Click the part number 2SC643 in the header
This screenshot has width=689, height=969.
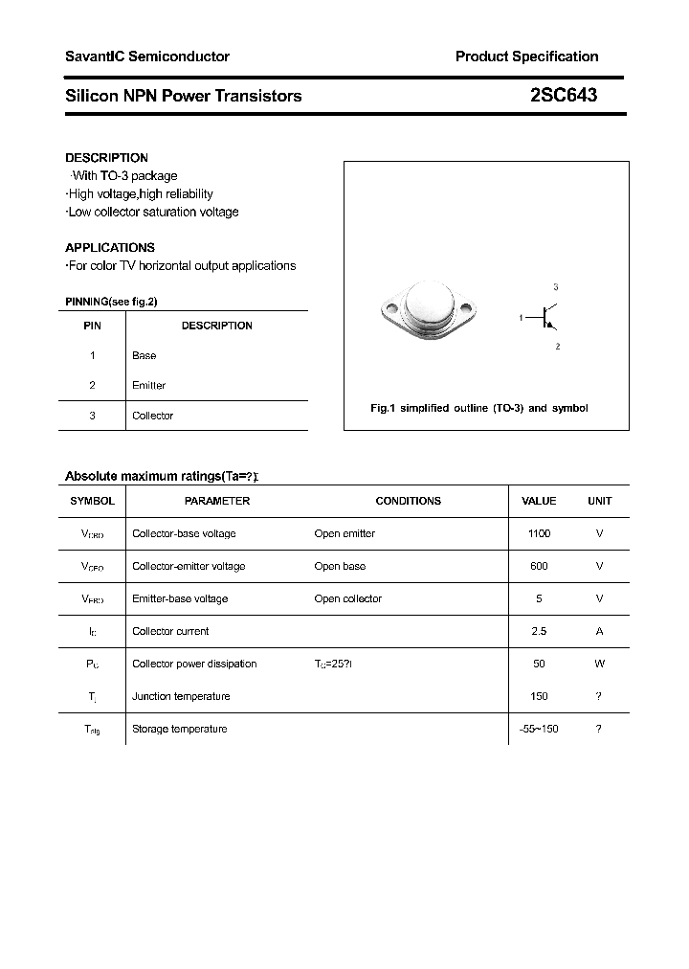pyautogui.click(x=564, y=96)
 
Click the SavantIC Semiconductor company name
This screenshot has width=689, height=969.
pyautogui.click(x=146, y=56)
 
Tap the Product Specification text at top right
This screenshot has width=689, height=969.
pyautogui.click(x=526, y=56)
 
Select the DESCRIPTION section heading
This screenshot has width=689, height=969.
pyautogui.click(x=106, y=158)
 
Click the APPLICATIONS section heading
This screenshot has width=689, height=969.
pyautogui.click(x=109, y=247)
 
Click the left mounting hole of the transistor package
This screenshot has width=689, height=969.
pyautogui.click(x=389, y=308)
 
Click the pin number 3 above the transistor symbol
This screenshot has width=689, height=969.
pyautogui.click(x=556, y=287)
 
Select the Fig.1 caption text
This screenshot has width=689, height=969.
pyautogui.click(x=478, y=408)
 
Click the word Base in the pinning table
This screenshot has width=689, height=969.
pyautogui.click(x=144, y=355)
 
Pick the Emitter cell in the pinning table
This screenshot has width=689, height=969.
pyautogui.click(x=148, y=385)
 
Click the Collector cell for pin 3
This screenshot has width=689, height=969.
pyautogui.click(x=152, y=416)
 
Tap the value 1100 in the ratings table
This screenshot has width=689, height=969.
pyautogui.click(x=539, y=533)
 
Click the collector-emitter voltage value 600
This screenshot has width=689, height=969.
pyautogui.click(x=539, y=566)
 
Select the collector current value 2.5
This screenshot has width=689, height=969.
pyautogui.click(x=539, y=631)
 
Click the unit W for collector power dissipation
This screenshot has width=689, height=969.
pyautogui.click(x=599, y=664)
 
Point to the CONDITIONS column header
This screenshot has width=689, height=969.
pyautogui.click(x=408, y=501)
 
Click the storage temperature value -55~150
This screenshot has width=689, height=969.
pyautogui.click(x=538, y=729)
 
